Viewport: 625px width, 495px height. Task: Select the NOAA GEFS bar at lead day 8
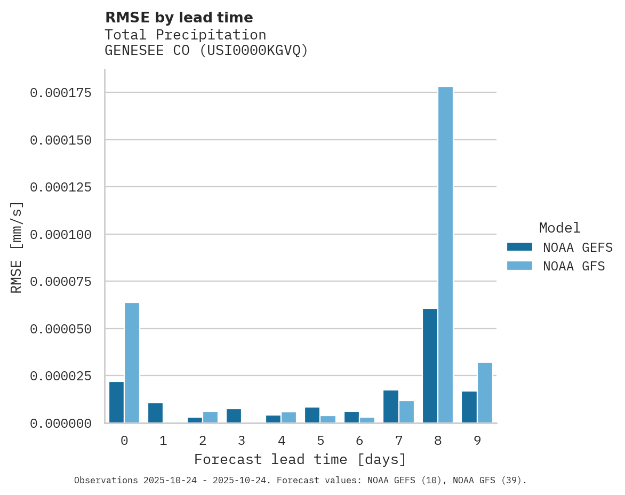click(430, 366)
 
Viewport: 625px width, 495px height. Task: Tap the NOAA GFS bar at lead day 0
click(132, 363)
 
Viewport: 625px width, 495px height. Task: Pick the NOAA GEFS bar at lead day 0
click(116, 402)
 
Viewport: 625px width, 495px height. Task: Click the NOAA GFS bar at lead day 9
click(485, 393)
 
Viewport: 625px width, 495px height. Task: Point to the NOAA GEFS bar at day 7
click(391, 406)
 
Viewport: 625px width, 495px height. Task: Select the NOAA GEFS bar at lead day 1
click(155, 413)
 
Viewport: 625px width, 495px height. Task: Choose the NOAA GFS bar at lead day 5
click(328, 419)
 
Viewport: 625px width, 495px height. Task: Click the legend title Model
click(559, 228)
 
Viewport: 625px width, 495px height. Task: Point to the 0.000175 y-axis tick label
click(61, 93)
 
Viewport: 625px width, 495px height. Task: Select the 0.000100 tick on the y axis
click(61, 235)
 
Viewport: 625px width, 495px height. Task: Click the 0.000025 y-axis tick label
click(61, 376)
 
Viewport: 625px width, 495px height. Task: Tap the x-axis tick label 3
click(242, 441)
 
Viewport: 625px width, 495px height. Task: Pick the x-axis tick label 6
click(359, 441)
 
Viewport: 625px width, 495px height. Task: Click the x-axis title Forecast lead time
click(300, 459)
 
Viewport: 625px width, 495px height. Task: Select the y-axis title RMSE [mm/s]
click(17, 247)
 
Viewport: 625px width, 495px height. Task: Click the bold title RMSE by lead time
click(179, 18)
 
